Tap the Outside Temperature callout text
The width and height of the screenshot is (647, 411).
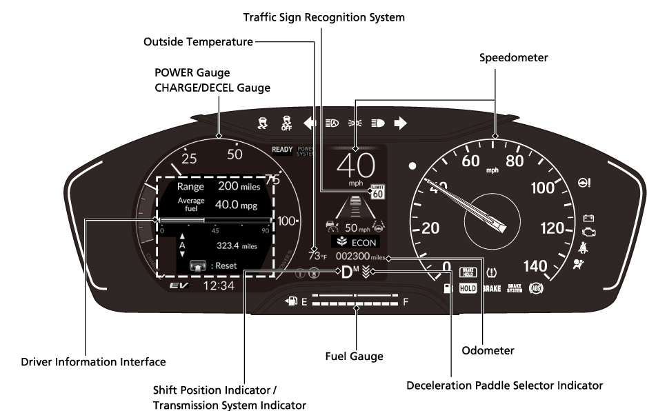198,42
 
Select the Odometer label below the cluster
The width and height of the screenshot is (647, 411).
488,350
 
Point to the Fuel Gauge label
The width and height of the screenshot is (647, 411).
354,357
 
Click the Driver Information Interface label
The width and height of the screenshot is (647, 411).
93,361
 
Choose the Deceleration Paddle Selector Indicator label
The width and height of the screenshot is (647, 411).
505,385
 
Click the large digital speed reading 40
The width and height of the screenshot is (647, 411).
355,166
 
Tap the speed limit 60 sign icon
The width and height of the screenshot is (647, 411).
377,192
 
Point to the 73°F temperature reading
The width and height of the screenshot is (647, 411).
317,256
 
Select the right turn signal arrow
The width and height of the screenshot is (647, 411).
401,123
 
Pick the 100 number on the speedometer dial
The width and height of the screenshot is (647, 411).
541,188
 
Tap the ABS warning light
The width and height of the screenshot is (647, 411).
536,288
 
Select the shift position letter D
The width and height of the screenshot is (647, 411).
347,272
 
